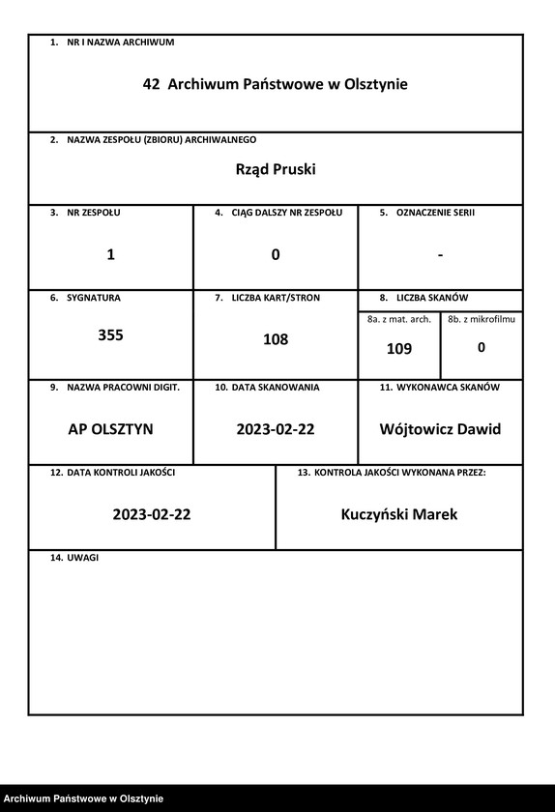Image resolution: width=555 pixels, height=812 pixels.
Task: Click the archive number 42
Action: click(151, 85)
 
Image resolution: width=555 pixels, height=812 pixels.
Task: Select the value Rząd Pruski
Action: click(276, 170)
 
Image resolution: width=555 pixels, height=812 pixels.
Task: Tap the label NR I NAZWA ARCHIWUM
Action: click(120, 43)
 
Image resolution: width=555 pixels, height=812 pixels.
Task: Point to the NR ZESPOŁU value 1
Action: click(110, 255)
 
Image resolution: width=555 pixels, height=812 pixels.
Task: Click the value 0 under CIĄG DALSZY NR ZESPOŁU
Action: click(276, 255)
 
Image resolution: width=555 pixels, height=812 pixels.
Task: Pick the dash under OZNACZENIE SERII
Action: click(440, 255)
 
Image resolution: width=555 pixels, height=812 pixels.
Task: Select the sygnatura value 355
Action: click(110, 336)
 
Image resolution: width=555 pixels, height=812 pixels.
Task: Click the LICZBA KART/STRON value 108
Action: click(276, 340)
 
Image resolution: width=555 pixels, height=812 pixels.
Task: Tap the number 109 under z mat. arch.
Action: click(399, 350)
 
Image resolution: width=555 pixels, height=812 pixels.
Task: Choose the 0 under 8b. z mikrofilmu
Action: click(482, 347)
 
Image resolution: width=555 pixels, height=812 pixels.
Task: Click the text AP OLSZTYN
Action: click(110, 429)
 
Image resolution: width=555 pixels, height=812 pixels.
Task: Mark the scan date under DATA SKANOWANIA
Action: click(276, 429)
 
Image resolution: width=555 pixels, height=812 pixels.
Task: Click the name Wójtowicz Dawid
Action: click(440, 429)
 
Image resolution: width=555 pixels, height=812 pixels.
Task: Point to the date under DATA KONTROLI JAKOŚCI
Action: click(152, 514)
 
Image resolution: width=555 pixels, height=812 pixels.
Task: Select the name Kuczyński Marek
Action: click(399, 514)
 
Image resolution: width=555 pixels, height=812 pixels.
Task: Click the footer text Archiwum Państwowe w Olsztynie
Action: click(83, 798)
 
